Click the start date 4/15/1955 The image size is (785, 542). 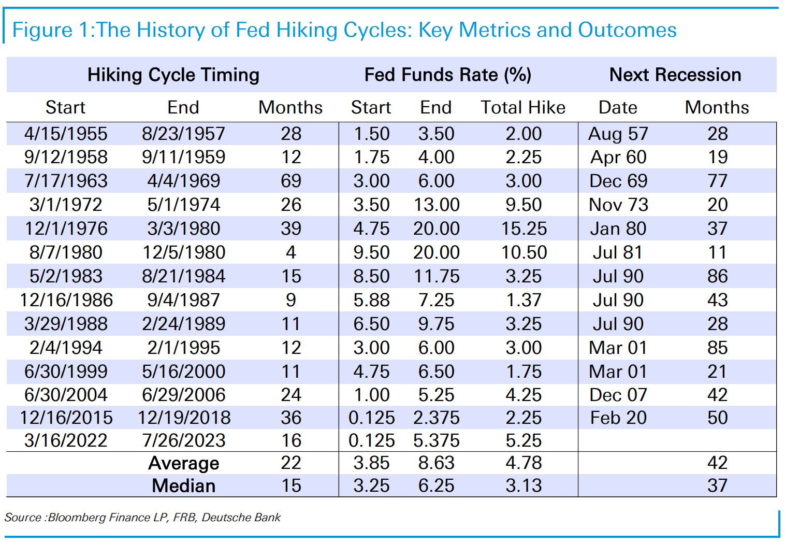66,134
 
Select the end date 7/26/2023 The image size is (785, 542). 183,440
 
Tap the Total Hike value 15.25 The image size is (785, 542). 524,229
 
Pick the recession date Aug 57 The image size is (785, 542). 618,134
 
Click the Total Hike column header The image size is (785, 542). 523,107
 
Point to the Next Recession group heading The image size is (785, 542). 675,75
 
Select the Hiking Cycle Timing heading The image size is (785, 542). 173,75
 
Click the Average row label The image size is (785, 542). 184,463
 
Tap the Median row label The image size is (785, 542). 184,486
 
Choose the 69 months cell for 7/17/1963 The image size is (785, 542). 291,181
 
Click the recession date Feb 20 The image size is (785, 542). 618,418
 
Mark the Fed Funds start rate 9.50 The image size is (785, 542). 371,252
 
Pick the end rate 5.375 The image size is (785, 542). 437,440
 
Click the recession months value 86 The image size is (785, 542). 717,276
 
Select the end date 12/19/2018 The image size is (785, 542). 184,418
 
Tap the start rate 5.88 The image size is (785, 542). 371,300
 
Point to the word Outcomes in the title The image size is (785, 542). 627,30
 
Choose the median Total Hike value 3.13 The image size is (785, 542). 524,486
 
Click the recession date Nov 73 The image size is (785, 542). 618,205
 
